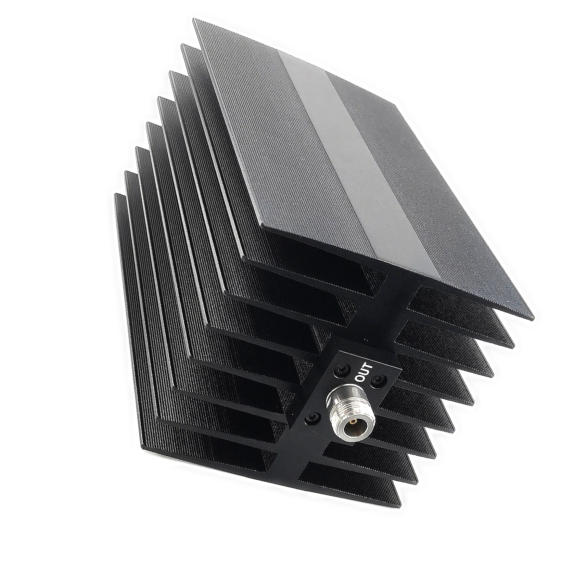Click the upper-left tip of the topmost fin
coord(194,20)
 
